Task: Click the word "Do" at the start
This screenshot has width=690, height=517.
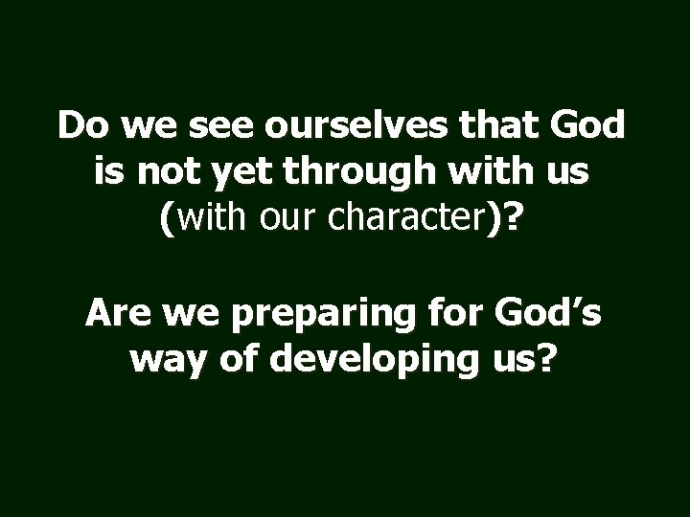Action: click(x=80, y=126)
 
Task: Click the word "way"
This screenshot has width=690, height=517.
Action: click(x=161, y=362)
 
